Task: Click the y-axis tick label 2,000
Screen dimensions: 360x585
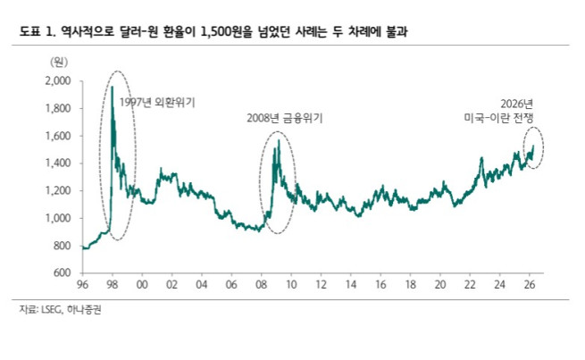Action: (57, 81)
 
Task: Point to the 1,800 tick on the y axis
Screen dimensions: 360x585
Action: (57, 109)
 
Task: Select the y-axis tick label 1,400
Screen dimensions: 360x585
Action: (57, 163)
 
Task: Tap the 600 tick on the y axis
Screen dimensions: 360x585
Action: (62, 272)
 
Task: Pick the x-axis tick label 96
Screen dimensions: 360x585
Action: (83, 285)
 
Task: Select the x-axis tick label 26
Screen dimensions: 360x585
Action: (529, 285)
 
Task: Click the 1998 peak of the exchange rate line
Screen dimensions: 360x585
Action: (113, 87)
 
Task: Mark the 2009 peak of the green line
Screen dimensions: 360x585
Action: (279, 140)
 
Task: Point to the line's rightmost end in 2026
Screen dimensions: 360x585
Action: (534, 146)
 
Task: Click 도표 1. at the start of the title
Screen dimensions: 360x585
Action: (33, 32)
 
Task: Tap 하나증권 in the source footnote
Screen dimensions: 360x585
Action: (86, 311)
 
